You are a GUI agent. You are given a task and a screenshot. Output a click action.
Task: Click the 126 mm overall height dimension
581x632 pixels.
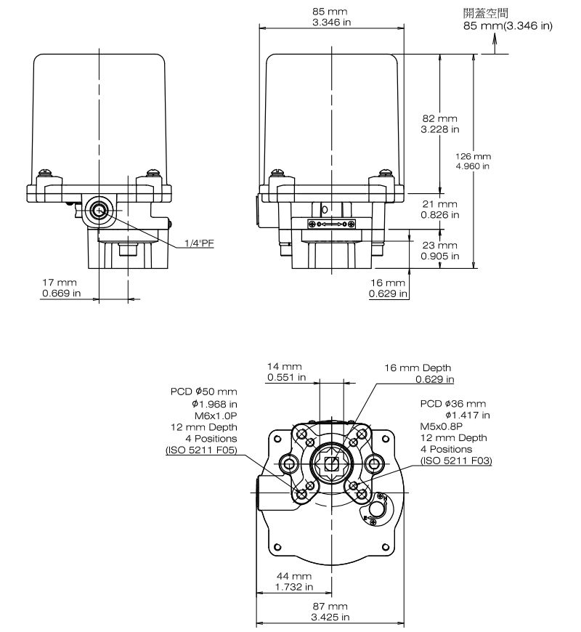tap(473, 161)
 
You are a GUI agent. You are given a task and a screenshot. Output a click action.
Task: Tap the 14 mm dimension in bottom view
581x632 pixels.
tap(285, 373)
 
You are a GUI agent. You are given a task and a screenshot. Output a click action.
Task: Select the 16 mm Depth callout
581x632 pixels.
tap(418, 373)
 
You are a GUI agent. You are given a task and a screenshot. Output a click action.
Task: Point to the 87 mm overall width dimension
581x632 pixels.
tap(330, 611)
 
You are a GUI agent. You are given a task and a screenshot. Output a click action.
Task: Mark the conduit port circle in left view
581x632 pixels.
tap(98, 211)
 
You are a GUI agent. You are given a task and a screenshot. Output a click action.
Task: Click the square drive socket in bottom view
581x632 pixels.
tap(331, 463)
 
